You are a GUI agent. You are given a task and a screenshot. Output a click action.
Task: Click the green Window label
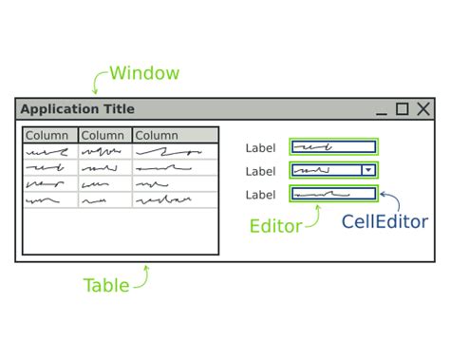[x=143, y=73]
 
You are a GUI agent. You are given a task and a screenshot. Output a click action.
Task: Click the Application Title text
[x=78, y=109]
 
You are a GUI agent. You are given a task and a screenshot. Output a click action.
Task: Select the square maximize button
[x=403, y=108]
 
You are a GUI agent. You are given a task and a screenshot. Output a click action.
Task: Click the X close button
[x=423, y=108]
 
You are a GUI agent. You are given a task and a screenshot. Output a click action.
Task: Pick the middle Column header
[x=103, y=135]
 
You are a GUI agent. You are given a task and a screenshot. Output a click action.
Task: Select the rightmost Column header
[x=158, y=135]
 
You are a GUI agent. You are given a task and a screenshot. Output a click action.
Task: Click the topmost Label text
[x=261, y=147]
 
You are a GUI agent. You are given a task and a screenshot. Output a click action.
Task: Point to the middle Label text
[x=261, y=171]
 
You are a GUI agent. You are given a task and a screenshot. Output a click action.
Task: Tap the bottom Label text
[x=261, y=195]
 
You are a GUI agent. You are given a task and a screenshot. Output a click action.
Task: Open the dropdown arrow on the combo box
[x=369, y=171]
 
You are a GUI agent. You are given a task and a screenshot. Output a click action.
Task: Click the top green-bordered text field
[x=333, y=147]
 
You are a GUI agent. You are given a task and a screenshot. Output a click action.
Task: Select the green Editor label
[x=275, y=226]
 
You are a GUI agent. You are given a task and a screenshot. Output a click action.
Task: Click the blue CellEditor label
[x=384, y=222]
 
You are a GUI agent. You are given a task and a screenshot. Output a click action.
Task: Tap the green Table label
[x=106, y=285]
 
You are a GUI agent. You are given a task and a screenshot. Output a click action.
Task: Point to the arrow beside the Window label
[x=99, y=81]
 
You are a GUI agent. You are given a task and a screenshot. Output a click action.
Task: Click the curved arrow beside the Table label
[x=142, y=276]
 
